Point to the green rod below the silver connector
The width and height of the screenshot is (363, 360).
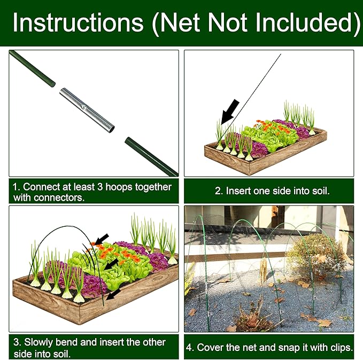tap(151, 156)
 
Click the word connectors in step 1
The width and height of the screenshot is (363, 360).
tap(60, 197)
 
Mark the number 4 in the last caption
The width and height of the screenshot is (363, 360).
tap(190, 347)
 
